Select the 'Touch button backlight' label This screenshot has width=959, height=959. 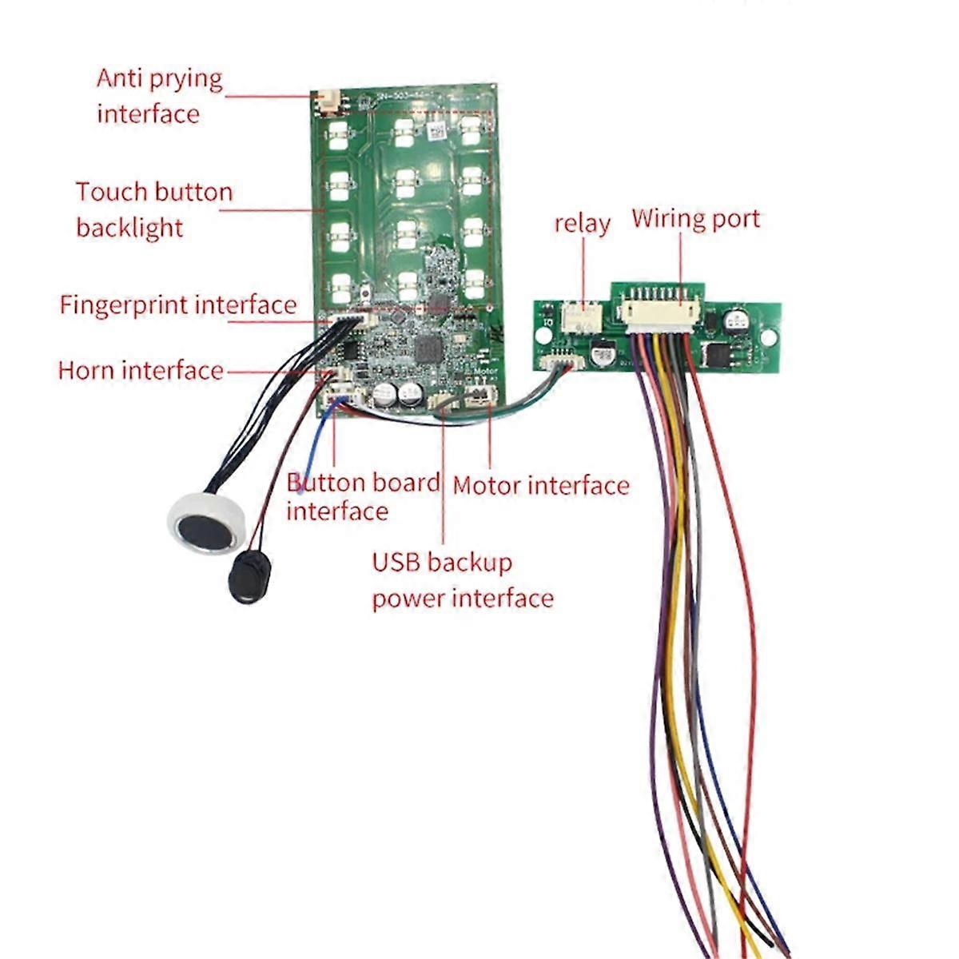(154, 209)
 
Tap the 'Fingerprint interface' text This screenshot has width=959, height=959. (177, 305)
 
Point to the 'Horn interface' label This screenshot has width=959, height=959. (141, 371)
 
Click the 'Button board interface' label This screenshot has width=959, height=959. (363, 496)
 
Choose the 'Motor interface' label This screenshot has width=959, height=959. (541, 485)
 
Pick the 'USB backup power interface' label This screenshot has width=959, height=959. (462, 580)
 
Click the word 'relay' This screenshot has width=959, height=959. (582, 224)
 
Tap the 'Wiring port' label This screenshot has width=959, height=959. (695, 219)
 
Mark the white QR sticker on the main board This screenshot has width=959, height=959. (436, 130)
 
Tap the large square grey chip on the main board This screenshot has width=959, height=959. (428, 348)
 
